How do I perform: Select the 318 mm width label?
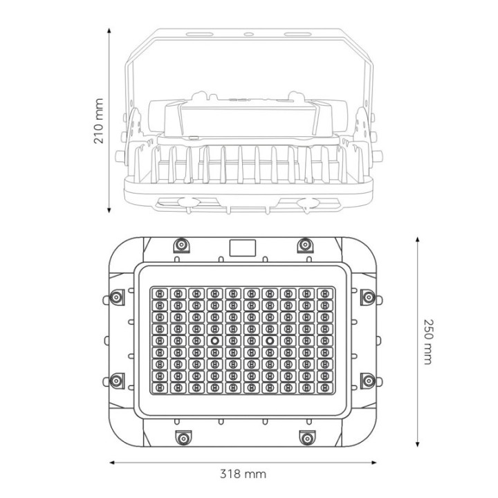[243, 474]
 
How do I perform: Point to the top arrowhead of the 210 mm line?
[110, 31]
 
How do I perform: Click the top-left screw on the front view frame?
[182, 245]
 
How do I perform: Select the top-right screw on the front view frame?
[305, 245]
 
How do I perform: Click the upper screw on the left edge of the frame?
[117, 297]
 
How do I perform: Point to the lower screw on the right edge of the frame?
[369, 380]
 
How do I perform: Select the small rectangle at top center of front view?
[243, 246]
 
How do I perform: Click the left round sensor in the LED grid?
[214, 342]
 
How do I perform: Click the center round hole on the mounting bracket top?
[244, 33]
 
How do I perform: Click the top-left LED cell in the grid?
[160, 293]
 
